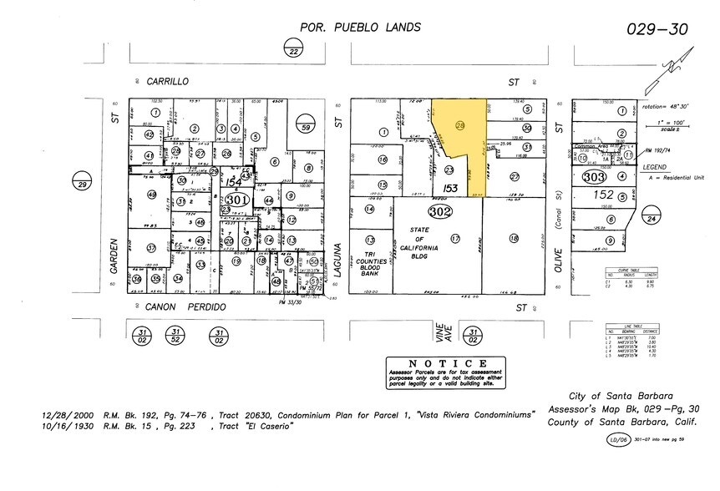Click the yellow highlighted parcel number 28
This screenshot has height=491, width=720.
click(460, 125)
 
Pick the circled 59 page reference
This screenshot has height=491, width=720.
click(306, 128)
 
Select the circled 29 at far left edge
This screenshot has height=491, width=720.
click(82, 185)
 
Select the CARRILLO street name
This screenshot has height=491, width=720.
click(168, 81)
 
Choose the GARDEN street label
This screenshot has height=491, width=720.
click(116, 254)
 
